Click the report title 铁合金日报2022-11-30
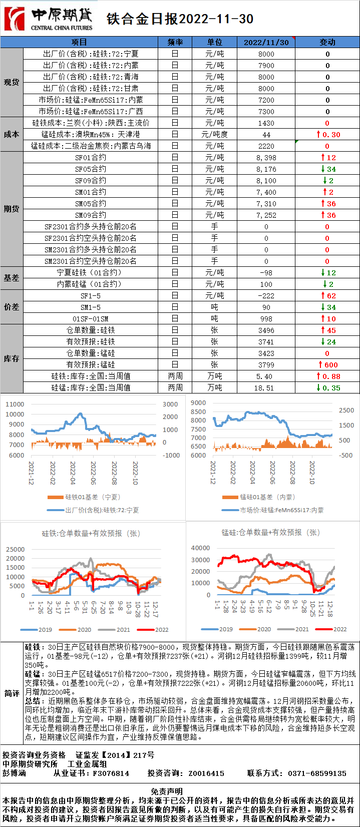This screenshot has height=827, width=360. [180, 19]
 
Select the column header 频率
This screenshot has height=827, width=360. [175, 43]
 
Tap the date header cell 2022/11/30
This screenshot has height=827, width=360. [266, 43]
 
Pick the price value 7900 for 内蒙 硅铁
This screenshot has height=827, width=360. [266, 66]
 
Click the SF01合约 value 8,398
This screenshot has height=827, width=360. [266, 158]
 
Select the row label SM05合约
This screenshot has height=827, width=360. [91, 204]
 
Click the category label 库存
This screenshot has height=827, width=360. [12, 359]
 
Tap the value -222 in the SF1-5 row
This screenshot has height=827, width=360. [266, 296]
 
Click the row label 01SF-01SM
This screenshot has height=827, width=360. [91, 319]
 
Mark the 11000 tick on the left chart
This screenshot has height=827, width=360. [15, 404]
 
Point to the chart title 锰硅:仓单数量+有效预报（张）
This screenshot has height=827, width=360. [270, 533]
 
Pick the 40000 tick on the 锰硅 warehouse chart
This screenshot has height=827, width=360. [200, 548]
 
